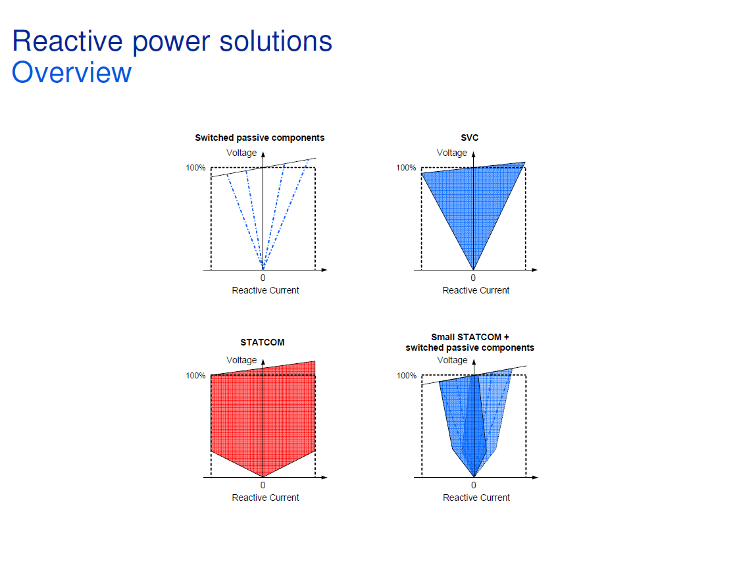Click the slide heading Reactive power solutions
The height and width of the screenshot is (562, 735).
(x=172, y=41)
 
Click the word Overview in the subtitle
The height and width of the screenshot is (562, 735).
(x=72, y=72)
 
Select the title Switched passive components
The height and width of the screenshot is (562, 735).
(x=259, y=138)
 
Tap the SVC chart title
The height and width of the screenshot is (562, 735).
(x=469, y=138)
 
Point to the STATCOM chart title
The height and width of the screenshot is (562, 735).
(x=262, y=342)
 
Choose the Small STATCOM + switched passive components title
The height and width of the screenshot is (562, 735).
(x=470, y=342)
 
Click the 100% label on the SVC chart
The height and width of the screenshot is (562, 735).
(x=405, y=168)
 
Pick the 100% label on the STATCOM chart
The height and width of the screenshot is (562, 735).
(x=195, y=376)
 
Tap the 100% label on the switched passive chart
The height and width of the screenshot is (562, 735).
(x=195, y=168)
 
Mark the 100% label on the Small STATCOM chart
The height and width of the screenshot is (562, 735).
(x=406, y=376)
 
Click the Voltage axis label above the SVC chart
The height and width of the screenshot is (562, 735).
(x=451, y=153)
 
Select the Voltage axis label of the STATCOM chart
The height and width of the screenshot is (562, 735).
(x=241, y=360)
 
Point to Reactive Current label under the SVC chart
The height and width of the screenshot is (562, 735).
(x=476, y=290)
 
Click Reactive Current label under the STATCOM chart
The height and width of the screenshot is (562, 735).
(x=265, y=498)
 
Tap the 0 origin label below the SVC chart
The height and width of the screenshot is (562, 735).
(x=473, y=278)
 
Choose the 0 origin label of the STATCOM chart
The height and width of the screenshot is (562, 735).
(x=263, y=486)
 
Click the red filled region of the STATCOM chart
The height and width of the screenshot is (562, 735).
(x=263, y=421)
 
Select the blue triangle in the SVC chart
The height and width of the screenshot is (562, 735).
(x=472, y=204)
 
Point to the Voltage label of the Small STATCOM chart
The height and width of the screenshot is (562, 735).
(x=452, y=360)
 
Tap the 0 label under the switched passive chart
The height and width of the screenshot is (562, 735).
(x=263, y=278)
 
